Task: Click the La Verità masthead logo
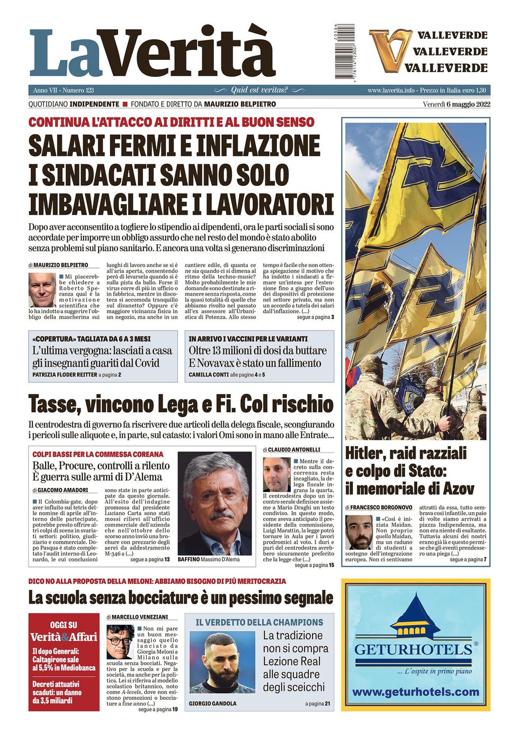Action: point(153,53)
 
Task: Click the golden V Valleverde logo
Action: point(390,51)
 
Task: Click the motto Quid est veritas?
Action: point(259,90)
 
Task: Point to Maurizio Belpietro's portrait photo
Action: point(42,290)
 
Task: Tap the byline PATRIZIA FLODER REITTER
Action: point(65,375)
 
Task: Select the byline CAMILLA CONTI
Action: point(209,375)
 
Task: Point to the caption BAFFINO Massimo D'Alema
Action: point(209,559)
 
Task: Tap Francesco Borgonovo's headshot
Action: point(359,532)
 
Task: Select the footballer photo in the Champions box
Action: point(222,663)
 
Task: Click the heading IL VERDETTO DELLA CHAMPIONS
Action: point(259,623)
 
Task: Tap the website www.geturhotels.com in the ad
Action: point(415,692)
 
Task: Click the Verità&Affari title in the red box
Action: point(64,637)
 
